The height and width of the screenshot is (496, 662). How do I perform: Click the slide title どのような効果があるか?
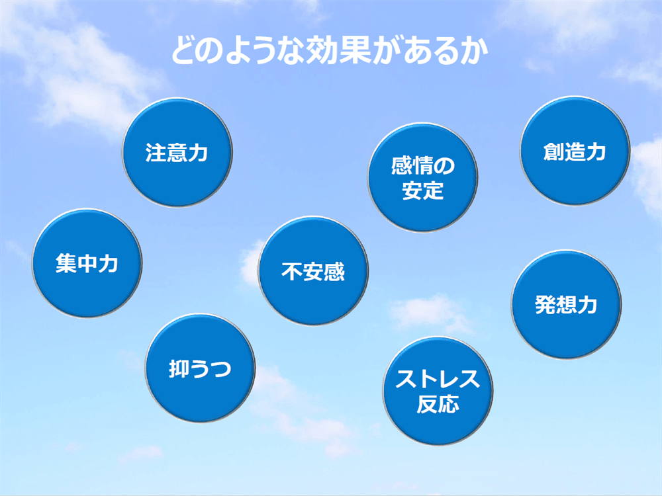tap(329, 51)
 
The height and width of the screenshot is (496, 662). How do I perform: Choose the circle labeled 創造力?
tap(575, 151)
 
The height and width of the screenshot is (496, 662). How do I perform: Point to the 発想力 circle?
tap(566, 306)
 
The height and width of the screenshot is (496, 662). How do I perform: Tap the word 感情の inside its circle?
tap(423, 165)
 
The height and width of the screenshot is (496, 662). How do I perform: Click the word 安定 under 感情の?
tap(423, 191)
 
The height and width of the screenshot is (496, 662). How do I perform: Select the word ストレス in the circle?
tap(438, 380)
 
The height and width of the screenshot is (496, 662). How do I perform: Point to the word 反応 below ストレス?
tap(438, 405)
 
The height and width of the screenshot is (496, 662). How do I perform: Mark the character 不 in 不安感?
tap(291, 272)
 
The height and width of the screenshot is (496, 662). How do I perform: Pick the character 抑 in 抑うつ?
tap(179, 368)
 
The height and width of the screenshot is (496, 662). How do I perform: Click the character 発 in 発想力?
tap(545, 305)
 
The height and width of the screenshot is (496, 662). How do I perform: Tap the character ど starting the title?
tap(185, 51)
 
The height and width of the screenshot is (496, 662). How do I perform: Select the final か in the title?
tap(473, 51)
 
